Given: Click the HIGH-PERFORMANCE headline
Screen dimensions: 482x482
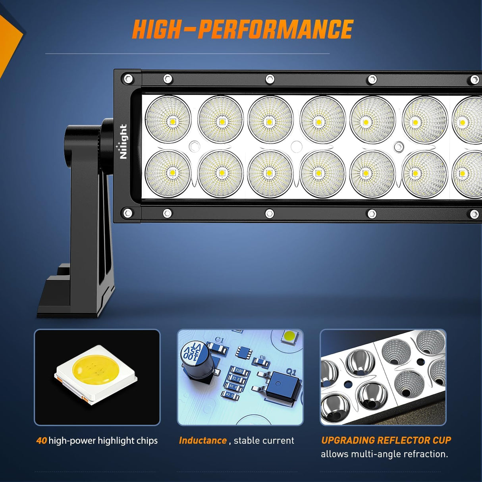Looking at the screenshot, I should pyautogui.click(x=243, y=29).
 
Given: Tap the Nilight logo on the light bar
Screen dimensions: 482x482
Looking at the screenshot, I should pyautogui.click(x=123, y=142).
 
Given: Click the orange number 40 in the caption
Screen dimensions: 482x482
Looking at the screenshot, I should pyautogui.click(x=41, y=441).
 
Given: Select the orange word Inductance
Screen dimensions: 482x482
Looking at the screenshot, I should pyautogui.click(x=202, y=440).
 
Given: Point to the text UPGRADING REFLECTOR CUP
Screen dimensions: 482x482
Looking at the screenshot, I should pyautogui.click(x=386, y=440).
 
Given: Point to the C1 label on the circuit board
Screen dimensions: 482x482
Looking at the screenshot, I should pyautogui.click(x=219, y=340).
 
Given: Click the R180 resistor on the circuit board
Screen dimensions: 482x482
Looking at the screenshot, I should pyautogui.click(x=239, y=370).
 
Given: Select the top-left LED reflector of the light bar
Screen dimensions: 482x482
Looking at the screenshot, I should pyautogui.click(x=168, y=119).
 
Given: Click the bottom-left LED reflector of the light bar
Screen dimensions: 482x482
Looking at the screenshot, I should pyautogui.click(x=168, y=173).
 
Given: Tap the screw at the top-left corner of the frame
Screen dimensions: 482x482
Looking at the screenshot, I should pyautogui.click(x=127, y=78).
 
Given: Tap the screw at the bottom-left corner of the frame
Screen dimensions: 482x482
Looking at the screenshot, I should pyautogui.click(x=127, y=213).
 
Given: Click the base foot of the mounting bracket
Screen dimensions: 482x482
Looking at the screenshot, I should pyautogui.click(x=71, y=294).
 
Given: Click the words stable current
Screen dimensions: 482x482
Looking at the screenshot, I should pyautogui.click(x=264, y=440).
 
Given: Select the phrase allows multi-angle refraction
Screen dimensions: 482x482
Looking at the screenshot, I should pyautogui.click(x=384, y=454).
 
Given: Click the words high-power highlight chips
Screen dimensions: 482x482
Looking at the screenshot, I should pyautogui.click(x=103, y=441).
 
